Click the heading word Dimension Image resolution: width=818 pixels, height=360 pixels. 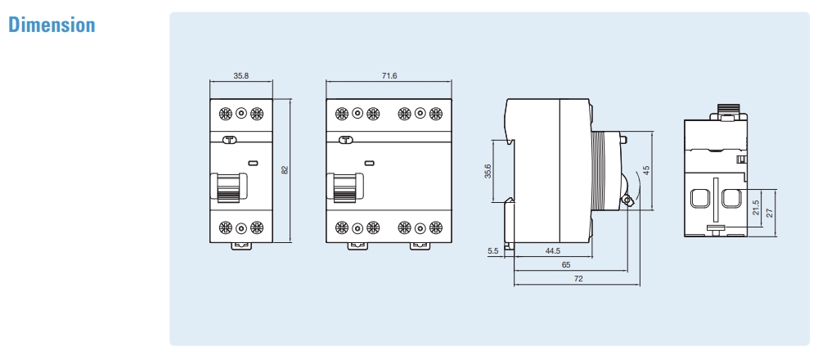(52, 25)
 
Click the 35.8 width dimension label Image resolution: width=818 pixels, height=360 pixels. (240, 75)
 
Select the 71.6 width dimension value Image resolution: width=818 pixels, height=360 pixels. (389, 75)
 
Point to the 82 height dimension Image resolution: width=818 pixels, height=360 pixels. (285, 170)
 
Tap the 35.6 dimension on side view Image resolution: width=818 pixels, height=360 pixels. (488, 171)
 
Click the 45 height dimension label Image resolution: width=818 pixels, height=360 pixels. (645, 170)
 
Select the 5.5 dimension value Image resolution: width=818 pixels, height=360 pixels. (492, 251)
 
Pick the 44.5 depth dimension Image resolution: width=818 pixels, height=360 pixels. (552, 251)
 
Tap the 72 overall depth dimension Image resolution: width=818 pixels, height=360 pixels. (578, 278)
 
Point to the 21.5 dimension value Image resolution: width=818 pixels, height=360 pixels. (756, 209)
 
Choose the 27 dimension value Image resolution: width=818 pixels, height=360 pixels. (770, 211)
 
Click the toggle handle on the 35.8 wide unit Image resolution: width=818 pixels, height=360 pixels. (228, 187)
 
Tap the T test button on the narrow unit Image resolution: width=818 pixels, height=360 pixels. (230, 140)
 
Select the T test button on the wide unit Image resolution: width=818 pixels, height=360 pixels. (345, 140)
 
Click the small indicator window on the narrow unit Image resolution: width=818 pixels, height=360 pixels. (254, 163)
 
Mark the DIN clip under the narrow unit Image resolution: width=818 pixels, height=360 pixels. (241, 245)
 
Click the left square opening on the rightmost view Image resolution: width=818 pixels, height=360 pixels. (699, 197)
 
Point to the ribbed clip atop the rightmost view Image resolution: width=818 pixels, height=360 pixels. (728, 109)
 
